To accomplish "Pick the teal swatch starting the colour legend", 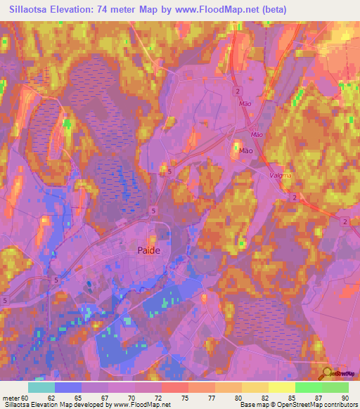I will [41, 388].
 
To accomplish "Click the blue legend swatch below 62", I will [67, 388].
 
